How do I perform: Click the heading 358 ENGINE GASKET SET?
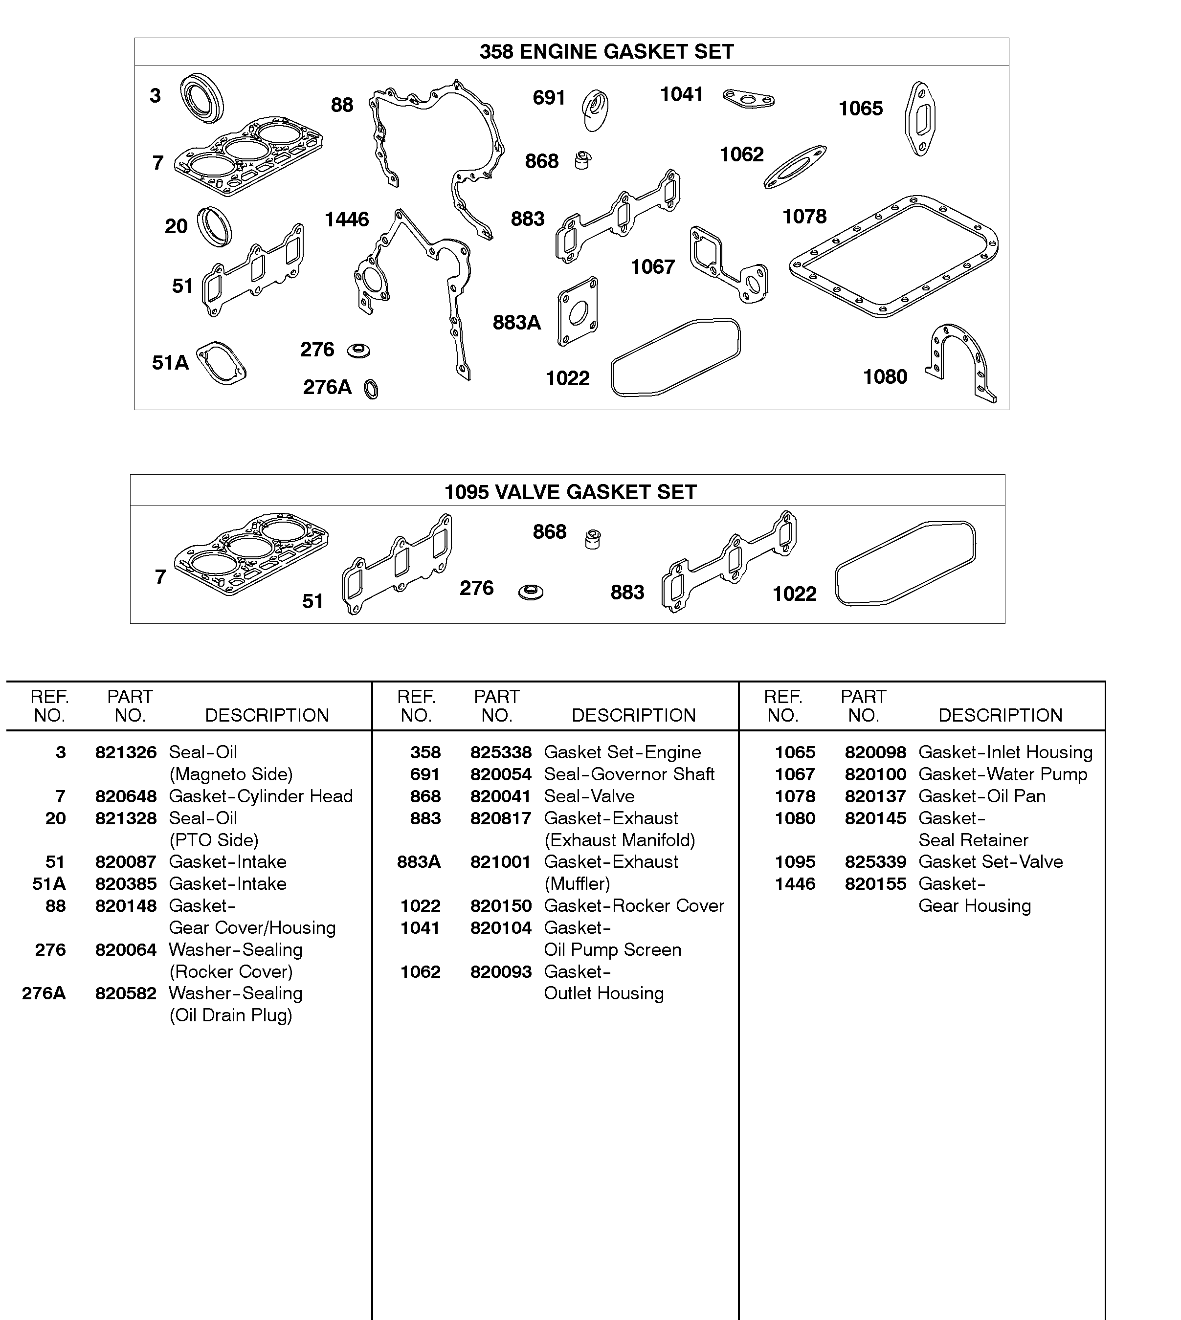pos(606,52)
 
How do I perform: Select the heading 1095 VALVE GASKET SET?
pos(570,492)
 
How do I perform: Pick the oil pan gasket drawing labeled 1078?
pos(894,256)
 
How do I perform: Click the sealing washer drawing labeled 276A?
pos(371,389)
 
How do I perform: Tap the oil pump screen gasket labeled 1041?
pos(748,99)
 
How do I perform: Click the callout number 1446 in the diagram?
pos(347,220)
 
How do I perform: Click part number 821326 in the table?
pos(126,752)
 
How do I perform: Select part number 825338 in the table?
pos(500,752)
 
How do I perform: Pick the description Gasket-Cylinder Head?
pos(261,796)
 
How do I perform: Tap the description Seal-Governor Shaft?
pos(629,774)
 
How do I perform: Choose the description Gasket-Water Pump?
pos(1003,774)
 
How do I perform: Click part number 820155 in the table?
pos(875,884)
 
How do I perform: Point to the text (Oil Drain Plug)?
pos(231,1015)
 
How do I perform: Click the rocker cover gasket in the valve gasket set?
pos(905,563)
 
